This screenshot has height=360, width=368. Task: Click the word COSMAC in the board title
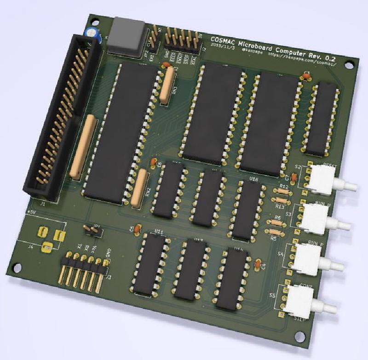tap(225, 39)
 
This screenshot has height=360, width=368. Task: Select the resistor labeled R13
tap(280, 200)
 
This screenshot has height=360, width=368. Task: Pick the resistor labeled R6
tap(276, 223)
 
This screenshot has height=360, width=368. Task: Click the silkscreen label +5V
tap(32, 212)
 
